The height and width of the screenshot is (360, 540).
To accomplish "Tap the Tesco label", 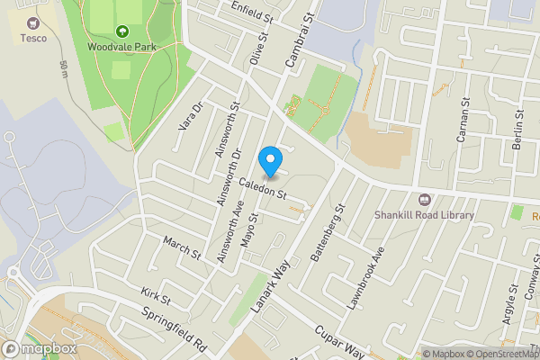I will tap(35, 38).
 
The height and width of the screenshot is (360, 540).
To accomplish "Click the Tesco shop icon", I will tap(35, 22).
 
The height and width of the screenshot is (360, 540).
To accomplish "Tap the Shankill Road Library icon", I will tap(424, 200).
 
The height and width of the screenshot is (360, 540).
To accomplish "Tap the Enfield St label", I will tap(251, 14).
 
